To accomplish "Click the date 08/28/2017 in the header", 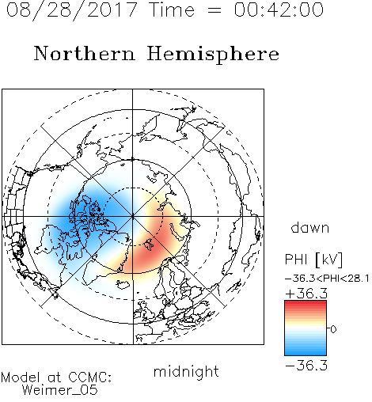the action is (72, 10).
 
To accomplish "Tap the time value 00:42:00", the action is (279, 10).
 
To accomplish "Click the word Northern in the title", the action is (85, 53).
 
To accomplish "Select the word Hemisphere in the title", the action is (213, 55).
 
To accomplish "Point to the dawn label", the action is (310, 227).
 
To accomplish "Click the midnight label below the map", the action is (186, 372).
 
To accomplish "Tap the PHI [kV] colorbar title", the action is (313, 260).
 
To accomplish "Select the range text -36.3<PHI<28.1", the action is (327, 279).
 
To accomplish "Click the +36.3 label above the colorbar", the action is (306, 294).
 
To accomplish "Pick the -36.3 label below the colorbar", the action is (306, 366).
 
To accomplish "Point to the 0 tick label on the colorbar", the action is (333, 329).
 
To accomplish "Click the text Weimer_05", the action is (60, 389).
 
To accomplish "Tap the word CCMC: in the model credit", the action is (90, 377).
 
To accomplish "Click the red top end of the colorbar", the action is (306, 302).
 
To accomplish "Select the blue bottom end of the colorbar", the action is (306, 353).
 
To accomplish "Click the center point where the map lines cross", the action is (132, 216).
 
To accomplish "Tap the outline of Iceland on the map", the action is (123, 284).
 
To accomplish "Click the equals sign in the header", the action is (214, 10).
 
